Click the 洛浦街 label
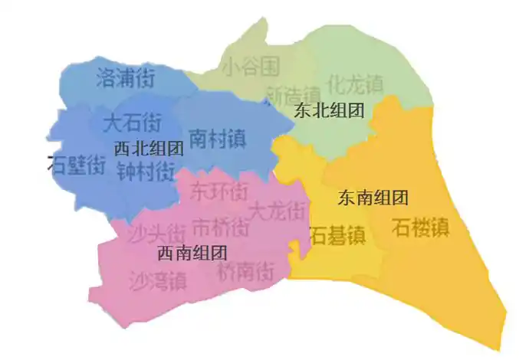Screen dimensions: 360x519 [x=126, y=77]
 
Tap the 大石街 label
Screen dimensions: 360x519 [x=133, y=122]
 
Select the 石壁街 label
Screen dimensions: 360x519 [x=77, y=165]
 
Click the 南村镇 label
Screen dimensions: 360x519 [x=217, y=139]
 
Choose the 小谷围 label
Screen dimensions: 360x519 [x=250, y=67]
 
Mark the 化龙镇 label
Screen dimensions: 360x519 [x=354, y=81]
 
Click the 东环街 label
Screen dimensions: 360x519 [x=219, y=188]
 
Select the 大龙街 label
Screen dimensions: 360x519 [x=279, y=208]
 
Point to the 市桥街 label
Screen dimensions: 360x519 [x=220, y=227]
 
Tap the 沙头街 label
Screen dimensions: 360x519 [x=156, y=231]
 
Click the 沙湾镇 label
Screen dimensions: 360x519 [x=156, y=280]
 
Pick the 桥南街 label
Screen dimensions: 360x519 [x=245, y=270]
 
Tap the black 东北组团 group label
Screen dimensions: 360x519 [x=328, y=110]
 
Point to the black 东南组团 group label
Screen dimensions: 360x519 [x=373, y=198]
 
